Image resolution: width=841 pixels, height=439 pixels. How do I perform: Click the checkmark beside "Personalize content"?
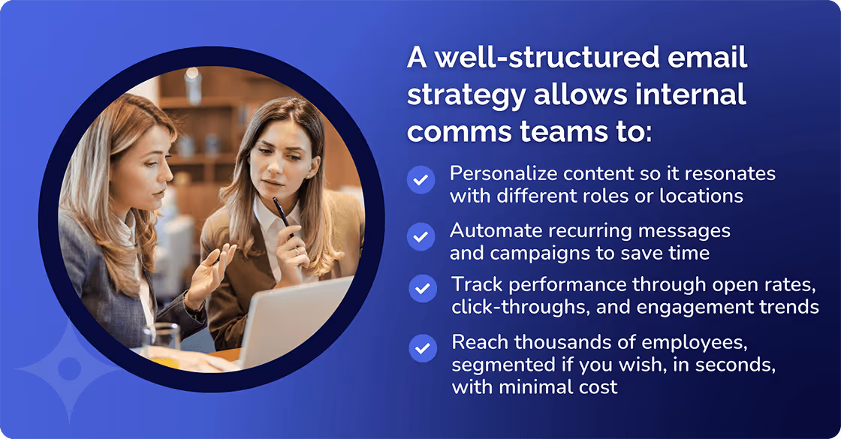[x=420, y=181]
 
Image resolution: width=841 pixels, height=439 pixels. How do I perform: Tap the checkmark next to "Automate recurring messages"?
[x=420, y=236]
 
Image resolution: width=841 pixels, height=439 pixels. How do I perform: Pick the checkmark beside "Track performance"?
[x=423, y=288]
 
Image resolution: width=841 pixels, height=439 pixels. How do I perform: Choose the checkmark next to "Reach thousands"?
[x=423, y=347]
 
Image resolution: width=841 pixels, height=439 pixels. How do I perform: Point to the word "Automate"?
[x=490, y=230]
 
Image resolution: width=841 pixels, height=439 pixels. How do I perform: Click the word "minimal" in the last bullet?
[x=520, y=387]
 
